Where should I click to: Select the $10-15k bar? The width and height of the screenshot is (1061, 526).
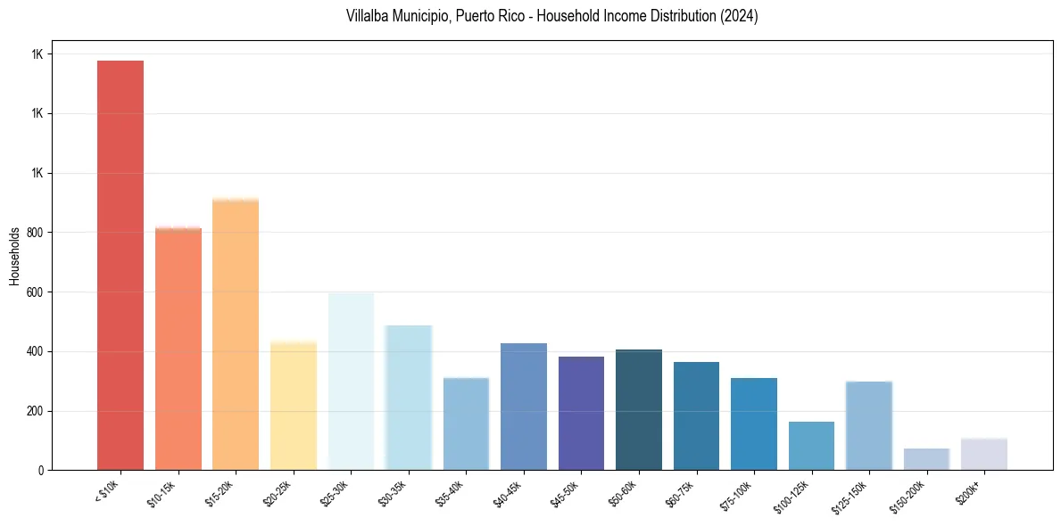[x=178, y=349]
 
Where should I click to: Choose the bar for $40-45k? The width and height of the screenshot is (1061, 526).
[x=524, y=407]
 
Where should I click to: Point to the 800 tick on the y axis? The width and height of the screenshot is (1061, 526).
[x=37, y=233]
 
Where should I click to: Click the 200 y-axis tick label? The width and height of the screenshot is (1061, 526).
[x=37, y=411]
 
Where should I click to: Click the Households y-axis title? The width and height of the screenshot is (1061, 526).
[x=14, y=255]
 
